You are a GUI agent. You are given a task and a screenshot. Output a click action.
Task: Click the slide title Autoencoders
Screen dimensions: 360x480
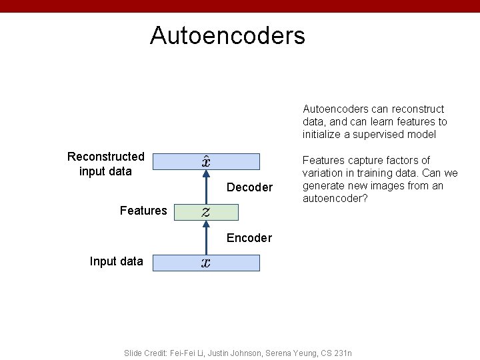227,35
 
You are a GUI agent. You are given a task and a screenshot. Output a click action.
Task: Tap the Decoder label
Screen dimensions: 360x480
249,187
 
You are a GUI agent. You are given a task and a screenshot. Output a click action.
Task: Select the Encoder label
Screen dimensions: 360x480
249,238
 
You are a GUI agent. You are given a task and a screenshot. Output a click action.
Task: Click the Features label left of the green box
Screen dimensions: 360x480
143,211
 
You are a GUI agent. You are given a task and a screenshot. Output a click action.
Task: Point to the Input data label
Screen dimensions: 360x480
116,261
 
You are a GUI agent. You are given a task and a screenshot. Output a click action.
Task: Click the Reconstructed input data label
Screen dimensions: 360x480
106,164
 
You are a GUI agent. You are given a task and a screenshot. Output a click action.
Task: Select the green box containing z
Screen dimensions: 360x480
205,212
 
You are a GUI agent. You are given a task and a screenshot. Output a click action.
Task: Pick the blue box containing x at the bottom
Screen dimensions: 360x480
206,263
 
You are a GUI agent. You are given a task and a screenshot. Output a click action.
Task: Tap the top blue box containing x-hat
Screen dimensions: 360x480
206,162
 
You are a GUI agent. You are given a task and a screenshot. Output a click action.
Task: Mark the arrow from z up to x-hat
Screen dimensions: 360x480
206,187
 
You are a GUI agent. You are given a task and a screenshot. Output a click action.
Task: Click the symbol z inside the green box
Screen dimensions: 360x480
206,212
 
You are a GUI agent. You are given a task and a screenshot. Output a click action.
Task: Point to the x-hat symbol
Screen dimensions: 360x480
207,161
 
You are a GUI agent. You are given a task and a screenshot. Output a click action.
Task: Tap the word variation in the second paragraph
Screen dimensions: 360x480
324,173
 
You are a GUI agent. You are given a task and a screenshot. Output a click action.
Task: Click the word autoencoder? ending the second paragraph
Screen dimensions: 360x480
335,199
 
